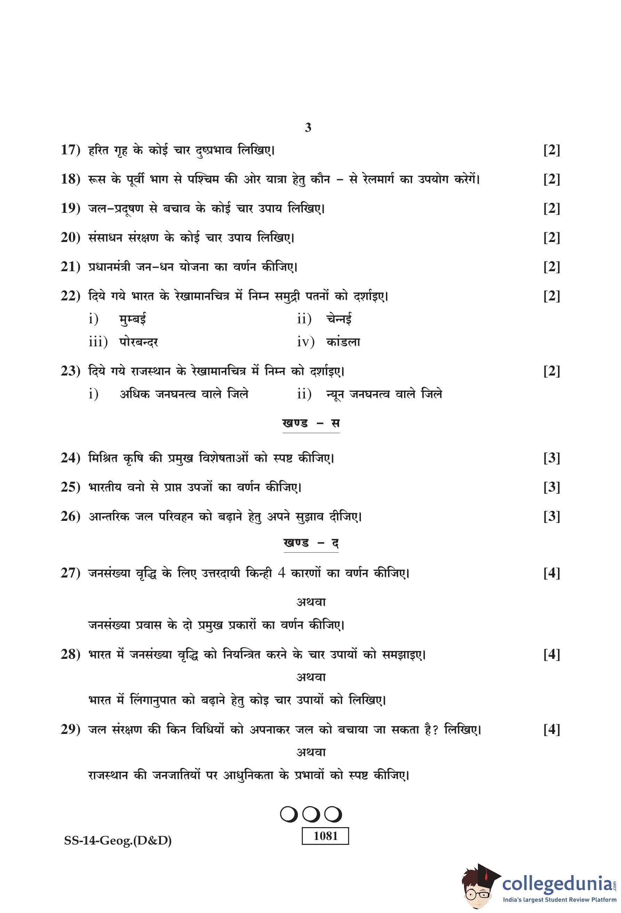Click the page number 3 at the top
point(308,127)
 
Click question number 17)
point(70,150)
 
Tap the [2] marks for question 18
point(551,179)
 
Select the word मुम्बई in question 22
point(133,319)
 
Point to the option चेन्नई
point(339,319)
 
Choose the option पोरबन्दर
point(139,342)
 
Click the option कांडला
point(343,342)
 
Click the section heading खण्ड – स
point(311,423)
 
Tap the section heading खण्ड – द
point(311,543)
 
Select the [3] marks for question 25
point(551,487)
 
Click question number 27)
point(70,573)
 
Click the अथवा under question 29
point(311,752)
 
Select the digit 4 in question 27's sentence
point(281,573)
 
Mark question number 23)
point(70,371)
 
